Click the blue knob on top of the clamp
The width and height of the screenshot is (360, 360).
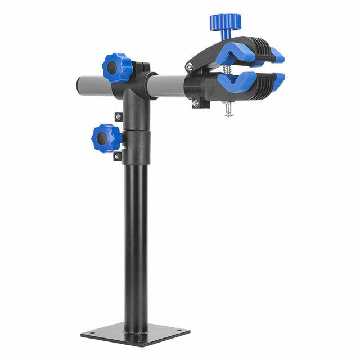[x=225, y=22]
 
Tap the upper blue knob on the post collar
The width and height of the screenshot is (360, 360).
[x=117, y=67]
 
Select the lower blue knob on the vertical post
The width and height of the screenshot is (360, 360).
[x=106, y=138]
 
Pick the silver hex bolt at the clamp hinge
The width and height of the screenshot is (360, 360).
[x=190, y=67]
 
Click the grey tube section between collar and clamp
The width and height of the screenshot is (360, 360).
[x=167, y=85]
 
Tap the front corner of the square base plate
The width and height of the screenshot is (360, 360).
[x=130, y=344]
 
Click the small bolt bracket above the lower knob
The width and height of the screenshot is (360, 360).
[x=118, y=116]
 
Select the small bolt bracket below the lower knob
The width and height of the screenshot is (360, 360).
[x=117, y=156]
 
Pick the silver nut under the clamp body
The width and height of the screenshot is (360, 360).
[x=195, y=103]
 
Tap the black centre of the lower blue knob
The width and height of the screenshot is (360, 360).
[x=101, y=138]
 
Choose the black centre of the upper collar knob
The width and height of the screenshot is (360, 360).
[x=112, y=68]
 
